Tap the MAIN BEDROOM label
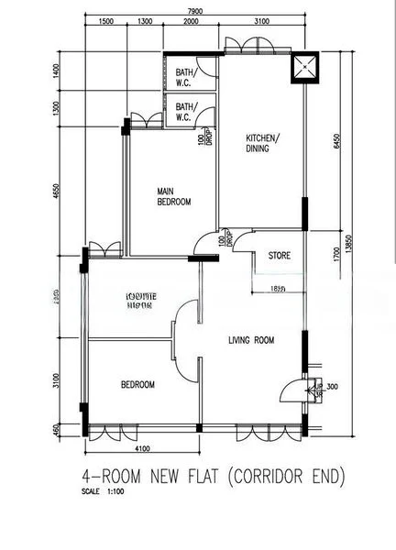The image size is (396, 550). tap(173, 196)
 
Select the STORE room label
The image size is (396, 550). tap(280, 256)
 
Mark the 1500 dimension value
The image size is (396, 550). tap(104, 21)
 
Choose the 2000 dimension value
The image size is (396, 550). tap(191, 21)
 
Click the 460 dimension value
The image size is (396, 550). tap(57, 428)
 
